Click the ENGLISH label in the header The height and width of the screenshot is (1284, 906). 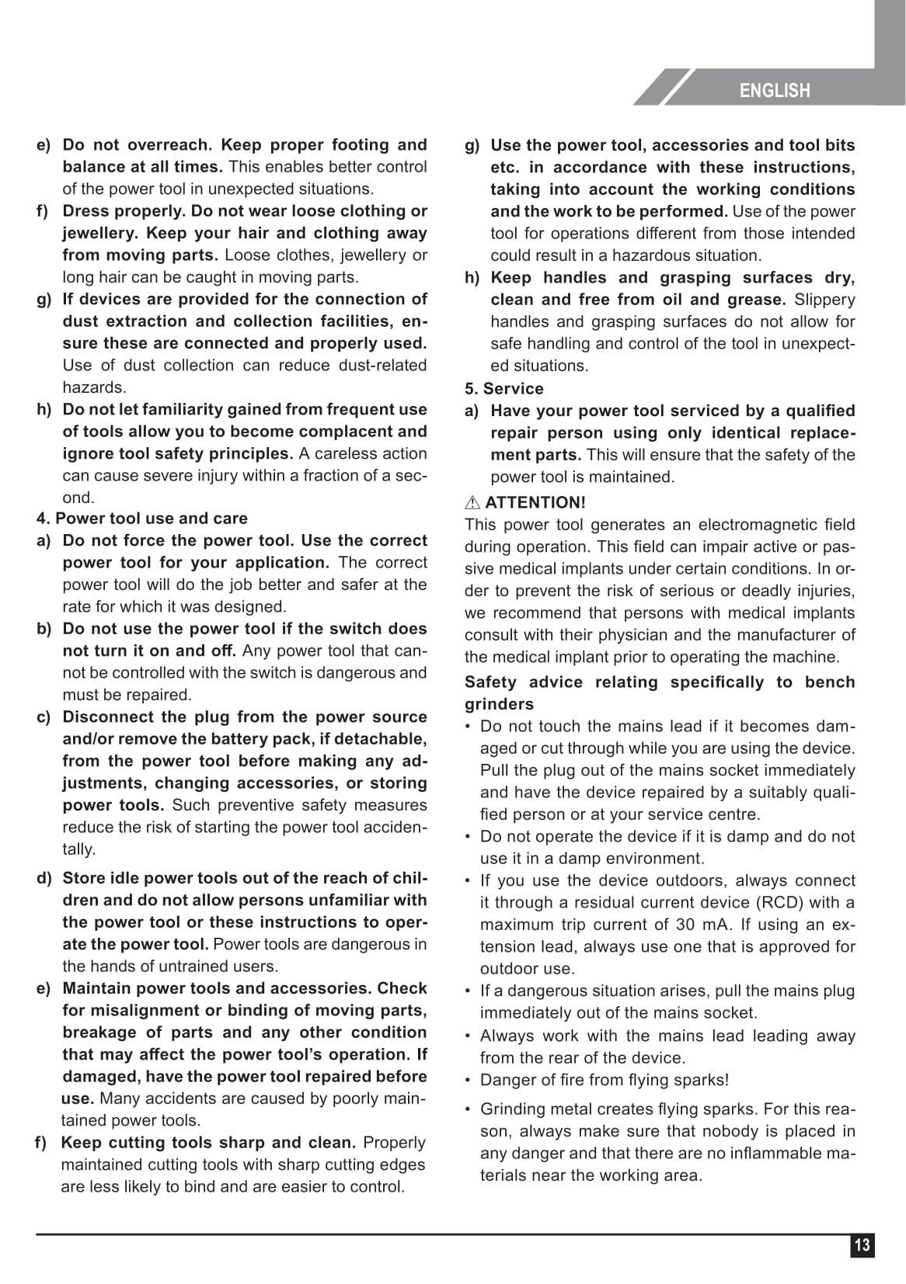774,91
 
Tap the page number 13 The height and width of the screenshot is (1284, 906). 862,1245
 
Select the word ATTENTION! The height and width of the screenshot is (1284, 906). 535,502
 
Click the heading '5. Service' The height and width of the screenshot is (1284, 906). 504,388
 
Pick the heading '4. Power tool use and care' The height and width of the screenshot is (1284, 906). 141,518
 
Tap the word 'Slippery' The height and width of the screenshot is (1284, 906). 824,300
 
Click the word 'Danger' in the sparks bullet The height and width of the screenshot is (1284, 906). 505,1080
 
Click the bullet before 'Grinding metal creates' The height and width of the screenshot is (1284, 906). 468,1109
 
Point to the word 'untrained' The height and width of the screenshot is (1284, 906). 192,966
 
